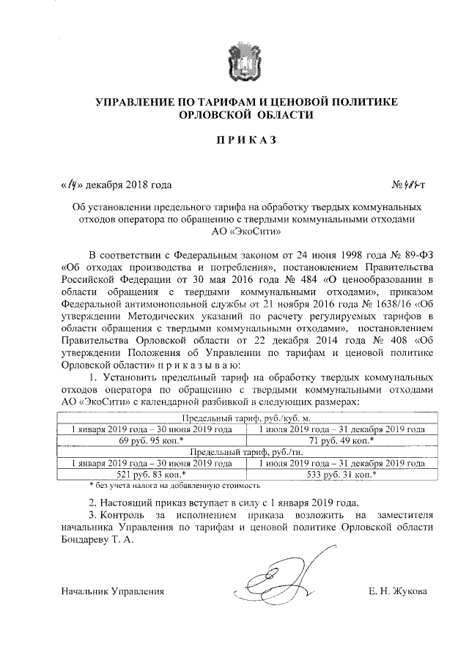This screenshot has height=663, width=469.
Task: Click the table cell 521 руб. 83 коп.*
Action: click(x=150, y=475)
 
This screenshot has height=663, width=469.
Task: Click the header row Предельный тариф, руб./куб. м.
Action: click(x=246, y=418)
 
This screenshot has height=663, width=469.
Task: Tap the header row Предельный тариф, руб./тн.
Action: click(x=246, y=452)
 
